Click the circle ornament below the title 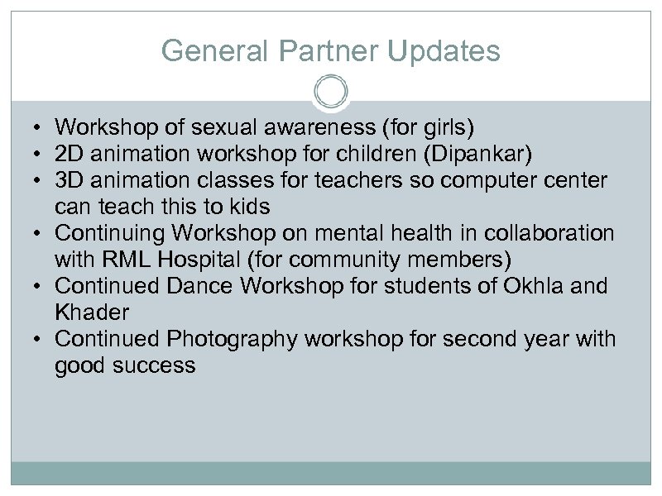(x=330, y=91)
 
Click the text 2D (x=69, y=154)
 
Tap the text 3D (x=69, y=180)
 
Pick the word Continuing (x=108, y=233)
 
